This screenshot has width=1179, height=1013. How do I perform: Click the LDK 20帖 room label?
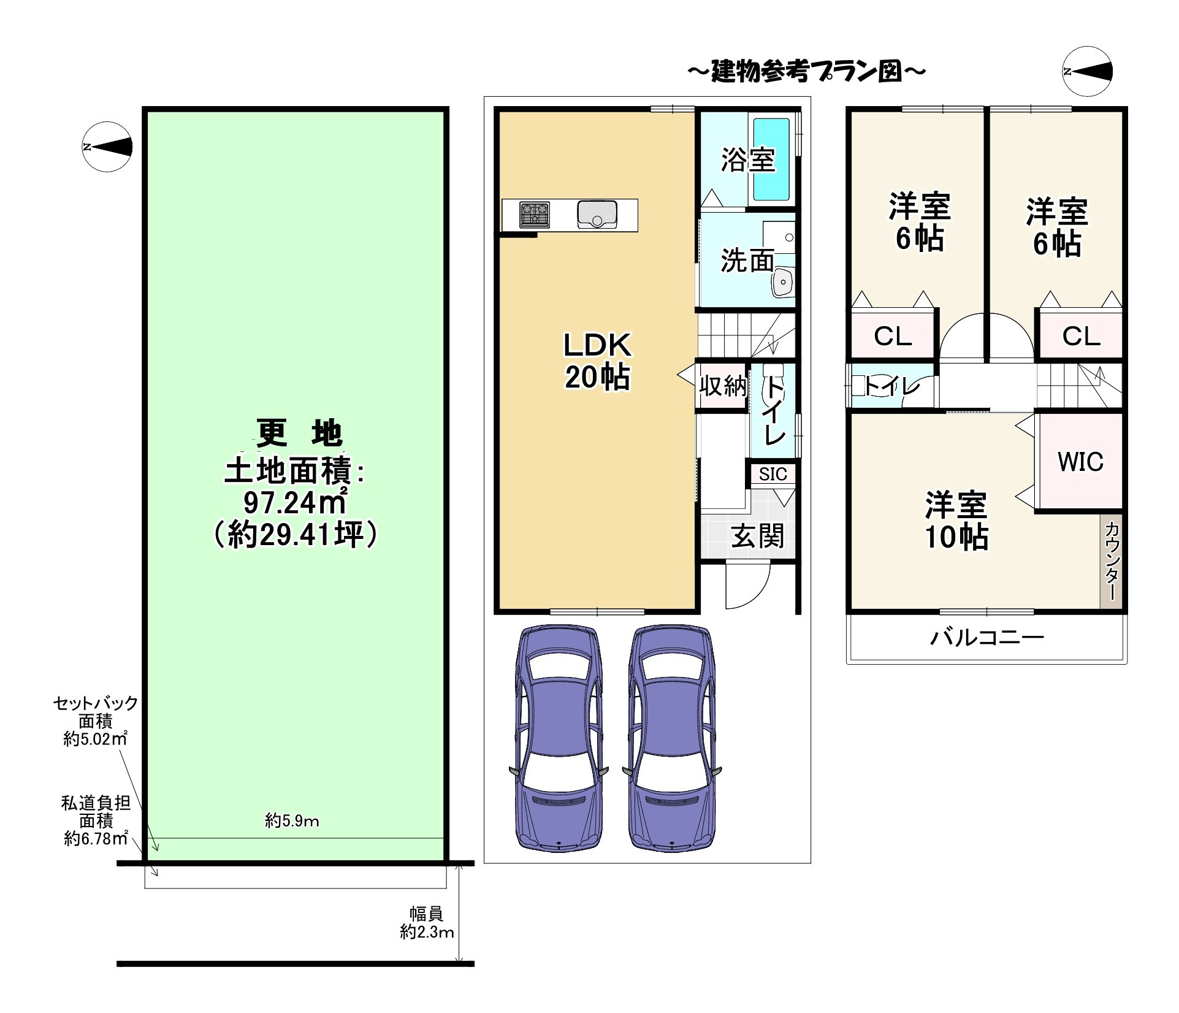coord(597,362)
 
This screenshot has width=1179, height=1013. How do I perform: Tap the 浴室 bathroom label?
coord(748,160)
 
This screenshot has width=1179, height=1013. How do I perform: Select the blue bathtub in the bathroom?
coord(771,159)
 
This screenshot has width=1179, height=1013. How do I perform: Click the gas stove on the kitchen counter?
coord(535,215)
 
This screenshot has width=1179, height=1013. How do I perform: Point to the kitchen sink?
coord(597,215)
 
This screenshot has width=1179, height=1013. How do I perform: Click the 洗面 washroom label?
coord(747,261)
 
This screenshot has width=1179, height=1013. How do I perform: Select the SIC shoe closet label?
coord(773,474)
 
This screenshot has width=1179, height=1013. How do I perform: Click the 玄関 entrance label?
coord(758,536)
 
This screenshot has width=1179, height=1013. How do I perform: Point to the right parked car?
coord(672,738)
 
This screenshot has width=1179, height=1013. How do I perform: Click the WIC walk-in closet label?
coord(1080,462)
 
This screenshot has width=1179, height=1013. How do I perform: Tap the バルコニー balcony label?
coord(987,638)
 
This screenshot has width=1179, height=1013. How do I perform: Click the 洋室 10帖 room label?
coord(956,520)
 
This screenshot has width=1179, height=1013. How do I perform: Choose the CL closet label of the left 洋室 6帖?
coord(893,336)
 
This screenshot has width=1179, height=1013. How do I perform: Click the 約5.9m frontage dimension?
coord(292,820)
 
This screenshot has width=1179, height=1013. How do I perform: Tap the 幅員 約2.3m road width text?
coord(427,923)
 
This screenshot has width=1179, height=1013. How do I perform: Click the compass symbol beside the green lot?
coord(107,147)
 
